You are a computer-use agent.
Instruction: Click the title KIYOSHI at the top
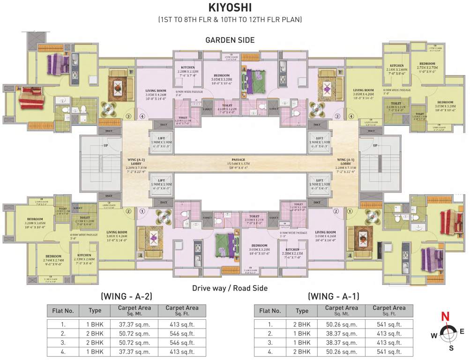click(230, 8)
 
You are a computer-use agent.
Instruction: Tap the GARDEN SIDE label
click(230, 40)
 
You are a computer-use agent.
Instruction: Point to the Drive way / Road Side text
click(230, 288)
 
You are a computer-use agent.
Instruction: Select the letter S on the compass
click(451, 348)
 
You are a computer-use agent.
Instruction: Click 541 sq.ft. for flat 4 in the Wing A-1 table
click(388, 352)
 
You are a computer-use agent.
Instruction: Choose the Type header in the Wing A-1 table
click(302, 310)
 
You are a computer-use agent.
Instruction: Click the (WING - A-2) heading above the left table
click(127, 296)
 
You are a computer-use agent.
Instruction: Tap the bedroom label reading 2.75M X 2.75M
click(427, 66)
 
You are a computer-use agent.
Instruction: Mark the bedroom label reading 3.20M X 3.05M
click(35, 222)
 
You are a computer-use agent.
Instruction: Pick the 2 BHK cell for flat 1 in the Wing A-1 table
click(302, 324)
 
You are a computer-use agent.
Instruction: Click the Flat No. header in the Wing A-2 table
click(63, 310)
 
